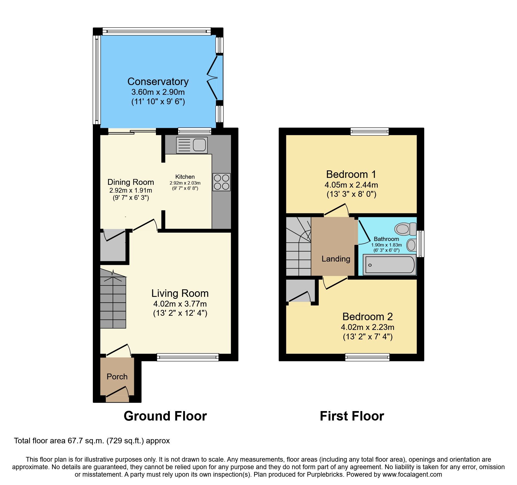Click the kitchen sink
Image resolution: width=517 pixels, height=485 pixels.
click(192, 145)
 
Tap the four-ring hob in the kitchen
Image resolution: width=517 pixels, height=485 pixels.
click(222, 182)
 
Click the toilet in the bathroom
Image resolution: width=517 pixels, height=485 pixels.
click(405, 229)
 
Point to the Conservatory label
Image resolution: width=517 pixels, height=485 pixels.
click(158, 81)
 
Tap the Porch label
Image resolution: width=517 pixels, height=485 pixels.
click(117, 377)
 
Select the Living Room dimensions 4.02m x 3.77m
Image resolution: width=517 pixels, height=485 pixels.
click(180, 304)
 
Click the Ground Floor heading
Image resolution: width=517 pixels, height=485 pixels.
click(165, 416)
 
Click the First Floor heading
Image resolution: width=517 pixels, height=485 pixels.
click(352, 416)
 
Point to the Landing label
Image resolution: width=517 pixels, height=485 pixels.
click(336, 259)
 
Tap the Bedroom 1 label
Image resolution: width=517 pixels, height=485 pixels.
click(351, 174)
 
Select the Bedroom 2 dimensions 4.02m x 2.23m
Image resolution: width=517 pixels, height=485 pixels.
click(367, 327)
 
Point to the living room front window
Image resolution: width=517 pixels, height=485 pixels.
click(188, 357)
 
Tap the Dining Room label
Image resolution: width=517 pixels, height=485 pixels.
click(131, 182)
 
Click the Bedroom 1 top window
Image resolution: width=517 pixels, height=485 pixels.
click(369, 131)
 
